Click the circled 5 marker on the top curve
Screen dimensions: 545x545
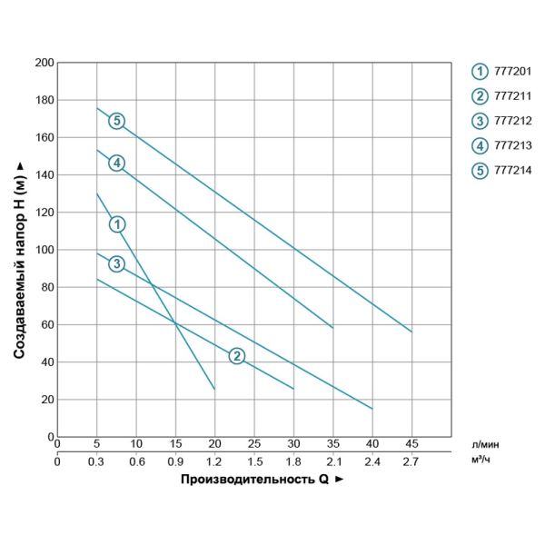(x=116, y=121)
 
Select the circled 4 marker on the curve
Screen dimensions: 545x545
(x=116, y=163)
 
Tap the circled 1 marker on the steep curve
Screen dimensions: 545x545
(x=116, y=223)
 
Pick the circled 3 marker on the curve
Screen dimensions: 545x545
(x=116, y=263)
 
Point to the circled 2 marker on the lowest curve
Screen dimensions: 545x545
(x=236, y=355)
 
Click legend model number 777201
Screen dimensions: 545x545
(x=512, y=71)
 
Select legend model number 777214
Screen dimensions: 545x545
(x=512, y=170)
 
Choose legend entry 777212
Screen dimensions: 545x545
(x=512, y=121)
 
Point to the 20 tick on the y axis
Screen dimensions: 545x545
(x=46, y=400)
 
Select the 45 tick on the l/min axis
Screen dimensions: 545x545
(x=411, y=444)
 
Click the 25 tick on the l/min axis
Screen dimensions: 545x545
(x=254, y=444)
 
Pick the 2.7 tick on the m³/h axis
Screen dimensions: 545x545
(x=411, y=461)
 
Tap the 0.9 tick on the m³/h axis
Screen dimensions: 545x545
(x=175, y=461)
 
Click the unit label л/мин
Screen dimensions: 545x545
(x=486, y=444)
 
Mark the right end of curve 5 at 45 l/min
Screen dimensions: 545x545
(x=411, y=332)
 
